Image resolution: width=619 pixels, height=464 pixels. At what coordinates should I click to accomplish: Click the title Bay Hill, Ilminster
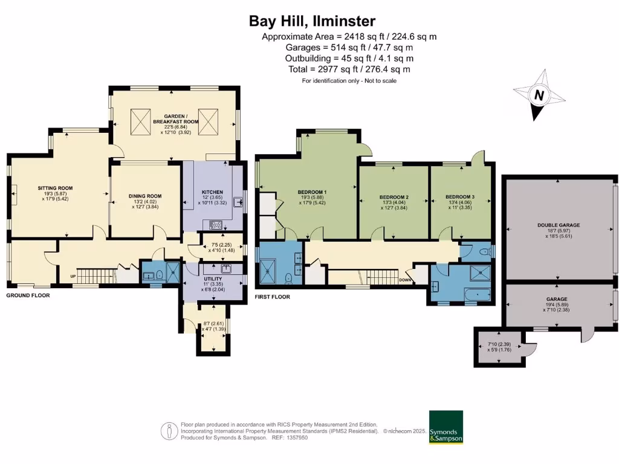tap(313, 21)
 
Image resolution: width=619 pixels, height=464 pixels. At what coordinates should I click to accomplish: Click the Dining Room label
tap(145, 196)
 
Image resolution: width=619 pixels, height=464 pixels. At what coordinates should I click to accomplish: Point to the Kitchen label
tap(212, 192)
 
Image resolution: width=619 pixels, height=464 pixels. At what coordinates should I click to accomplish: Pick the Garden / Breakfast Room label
tap(174, 117)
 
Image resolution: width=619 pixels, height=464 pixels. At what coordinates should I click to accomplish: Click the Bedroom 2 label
tap(394, 198)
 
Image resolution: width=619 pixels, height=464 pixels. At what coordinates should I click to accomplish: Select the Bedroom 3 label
tap(460, 197)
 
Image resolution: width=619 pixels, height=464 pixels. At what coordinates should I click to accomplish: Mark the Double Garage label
tap(558, 225)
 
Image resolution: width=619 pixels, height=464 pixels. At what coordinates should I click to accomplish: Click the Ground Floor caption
tap(28, 295)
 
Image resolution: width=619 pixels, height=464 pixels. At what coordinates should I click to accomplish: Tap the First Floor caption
tap(272, 297)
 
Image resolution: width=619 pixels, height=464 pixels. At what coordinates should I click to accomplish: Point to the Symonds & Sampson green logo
tap(446, 427)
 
